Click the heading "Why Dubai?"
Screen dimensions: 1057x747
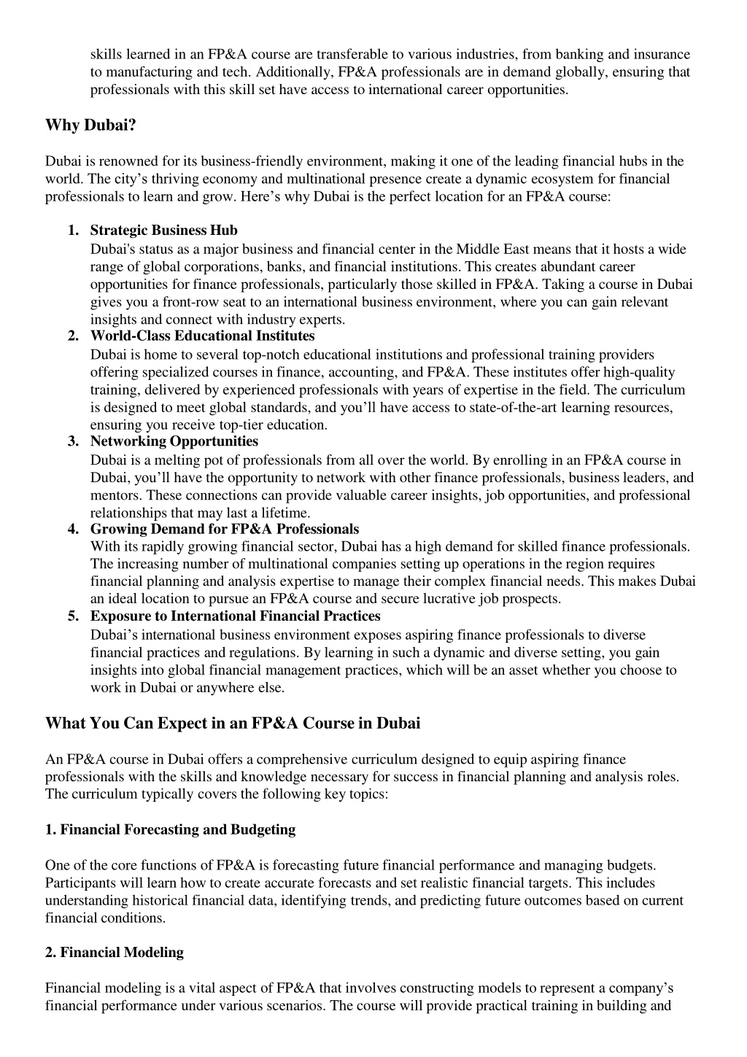click(x=90, y=125)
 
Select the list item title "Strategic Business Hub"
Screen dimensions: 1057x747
click(x=163, y=231)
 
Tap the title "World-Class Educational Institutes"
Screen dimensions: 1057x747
click(x=202, y=336)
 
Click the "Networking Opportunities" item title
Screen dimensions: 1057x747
click(x=174, y=441)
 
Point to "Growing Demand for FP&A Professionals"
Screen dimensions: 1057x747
click(x=224, y=529)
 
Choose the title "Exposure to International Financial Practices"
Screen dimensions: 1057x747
click(x=235, y=616)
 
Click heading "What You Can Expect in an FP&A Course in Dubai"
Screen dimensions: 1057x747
click(x=233, y=724)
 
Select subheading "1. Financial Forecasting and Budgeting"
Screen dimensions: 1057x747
click(x=170, y=829)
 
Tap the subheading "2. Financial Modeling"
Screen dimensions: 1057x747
click(x=115, y=952)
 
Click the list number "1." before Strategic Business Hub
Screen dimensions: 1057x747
click(x=73, y=231)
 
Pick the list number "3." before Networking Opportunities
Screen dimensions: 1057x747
click(x=73, y=441)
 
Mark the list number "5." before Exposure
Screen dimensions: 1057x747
click(x=73, y=616)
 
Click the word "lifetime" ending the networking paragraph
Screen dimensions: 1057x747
click(x=285, y=513)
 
